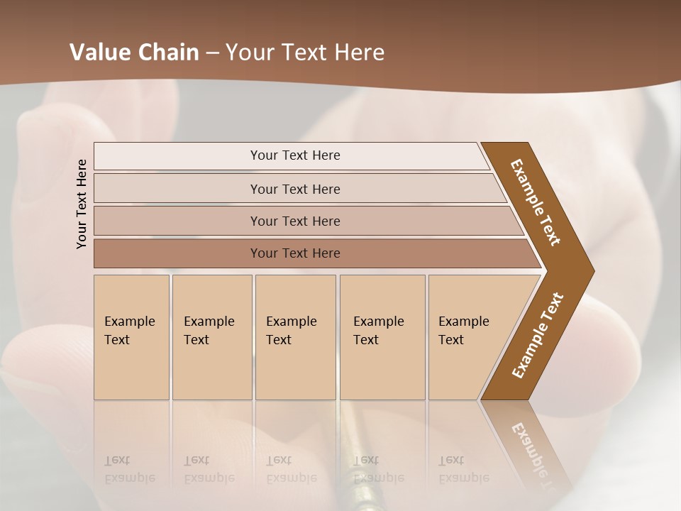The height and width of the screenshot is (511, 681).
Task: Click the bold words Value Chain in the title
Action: coord(134,53)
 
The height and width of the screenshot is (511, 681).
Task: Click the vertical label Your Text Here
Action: coord(82,204)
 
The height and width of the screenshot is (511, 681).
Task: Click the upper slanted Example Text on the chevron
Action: coord(536,202)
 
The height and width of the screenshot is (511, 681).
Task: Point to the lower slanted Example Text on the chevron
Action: coord(538,335)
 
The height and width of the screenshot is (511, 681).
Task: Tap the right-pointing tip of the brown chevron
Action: coord(589,271)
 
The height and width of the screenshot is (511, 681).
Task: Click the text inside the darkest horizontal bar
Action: coord(295,253)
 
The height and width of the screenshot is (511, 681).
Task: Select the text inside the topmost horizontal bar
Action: coord(295,155)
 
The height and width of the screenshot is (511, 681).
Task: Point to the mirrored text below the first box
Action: coord(129,469)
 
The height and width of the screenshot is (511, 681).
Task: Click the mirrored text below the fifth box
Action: coord(463,469)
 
